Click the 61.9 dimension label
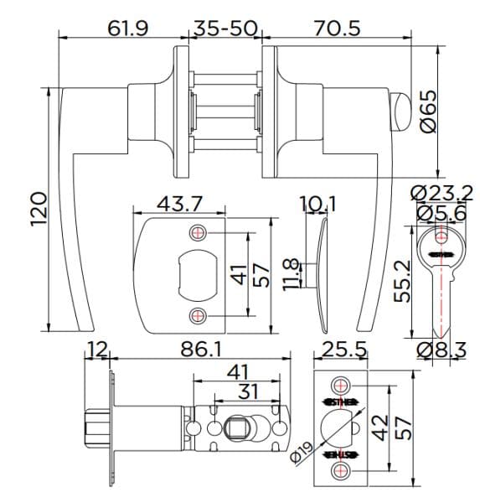pos(127,28)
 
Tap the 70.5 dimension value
pos(338,28)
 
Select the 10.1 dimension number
pos(317,205)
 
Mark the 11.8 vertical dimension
pos(292,274)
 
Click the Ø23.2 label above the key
pos(441,194)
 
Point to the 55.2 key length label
pos(403,280)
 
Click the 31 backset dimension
pos(247,392)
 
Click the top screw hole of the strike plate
pos(198,232)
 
